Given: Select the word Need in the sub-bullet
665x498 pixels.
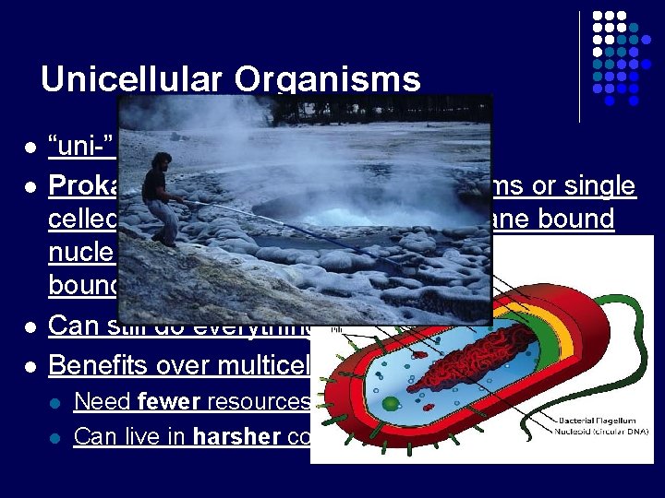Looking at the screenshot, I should tap(96, 401).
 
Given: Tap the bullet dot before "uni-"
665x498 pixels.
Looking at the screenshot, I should tap(30, 148).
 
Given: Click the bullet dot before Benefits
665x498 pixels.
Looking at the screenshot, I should tap(30, 365).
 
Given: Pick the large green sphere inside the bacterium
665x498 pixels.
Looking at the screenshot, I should tap(392, 403).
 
